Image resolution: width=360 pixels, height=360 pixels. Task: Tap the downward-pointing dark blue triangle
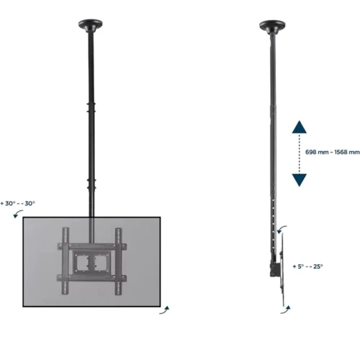(x=300, y=181)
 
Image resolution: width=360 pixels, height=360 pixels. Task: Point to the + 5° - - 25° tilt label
(x=308, y=266)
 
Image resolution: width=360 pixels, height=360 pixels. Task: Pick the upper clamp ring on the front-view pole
(x=91, y=108)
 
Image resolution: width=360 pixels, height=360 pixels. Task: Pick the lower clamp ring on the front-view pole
(x=91, y=182)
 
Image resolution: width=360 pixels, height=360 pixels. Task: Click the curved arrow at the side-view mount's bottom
(x=288, y=307)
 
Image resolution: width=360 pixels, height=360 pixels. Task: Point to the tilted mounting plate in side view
(x=282, y=266)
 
